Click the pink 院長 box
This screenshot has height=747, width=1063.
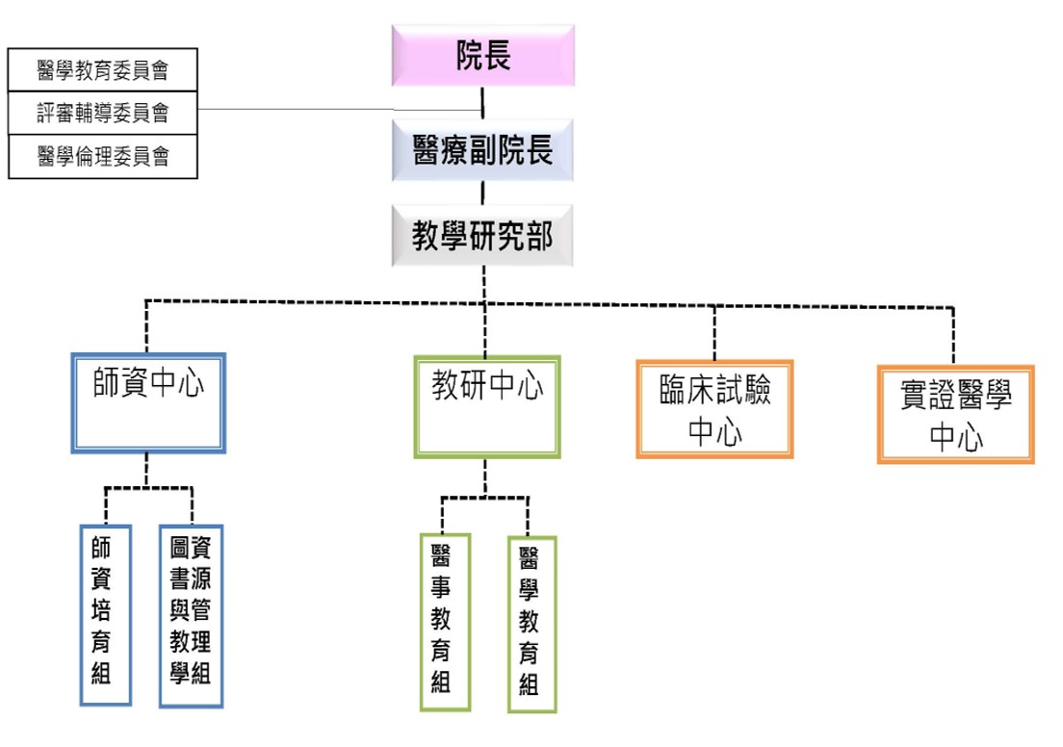coord(482,56)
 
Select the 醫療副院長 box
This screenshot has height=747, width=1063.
coord(482,150)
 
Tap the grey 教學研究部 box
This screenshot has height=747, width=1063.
coord(482,236)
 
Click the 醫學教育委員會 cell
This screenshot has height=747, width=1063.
coord(103,70)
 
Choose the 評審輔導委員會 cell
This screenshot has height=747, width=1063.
coord(103,114)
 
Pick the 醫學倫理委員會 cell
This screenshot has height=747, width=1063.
coord(103,157)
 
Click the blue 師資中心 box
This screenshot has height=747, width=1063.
coord(148,403)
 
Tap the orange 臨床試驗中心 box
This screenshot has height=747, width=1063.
coord(714,409)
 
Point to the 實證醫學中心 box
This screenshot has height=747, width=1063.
coord(955,414)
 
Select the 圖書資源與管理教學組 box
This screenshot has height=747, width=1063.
coord(191,616)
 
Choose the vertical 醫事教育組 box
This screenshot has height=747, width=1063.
coord(444,622)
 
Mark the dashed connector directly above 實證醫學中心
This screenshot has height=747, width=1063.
coord(954,337)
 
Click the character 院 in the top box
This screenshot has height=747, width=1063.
coord(469,56)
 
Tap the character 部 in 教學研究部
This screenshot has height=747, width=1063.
coord(539,236)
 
